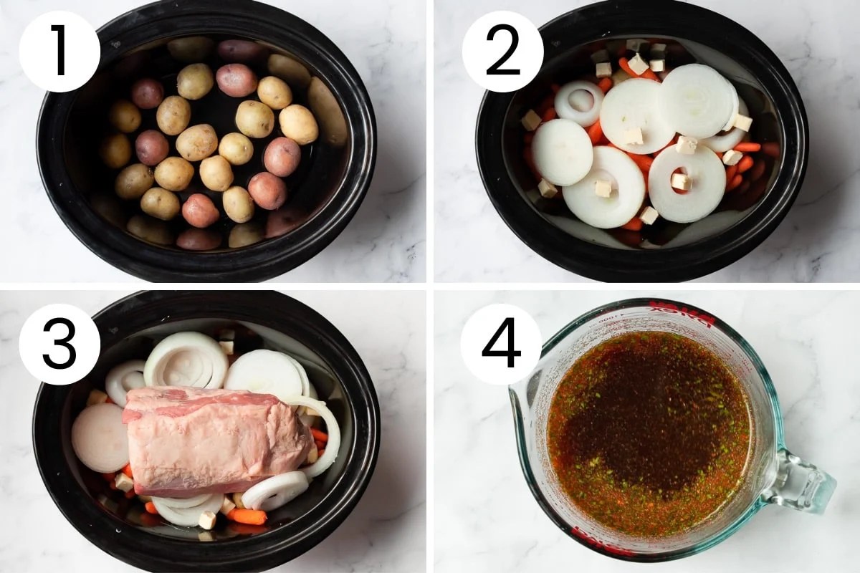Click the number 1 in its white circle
(59, 51)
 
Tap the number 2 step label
(502, 51)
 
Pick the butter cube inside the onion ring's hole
(680, 182)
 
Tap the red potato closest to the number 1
(147, 93)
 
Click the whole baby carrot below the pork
(247, 516)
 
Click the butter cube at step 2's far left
(531, 120)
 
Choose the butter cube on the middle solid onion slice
(634, 135)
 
